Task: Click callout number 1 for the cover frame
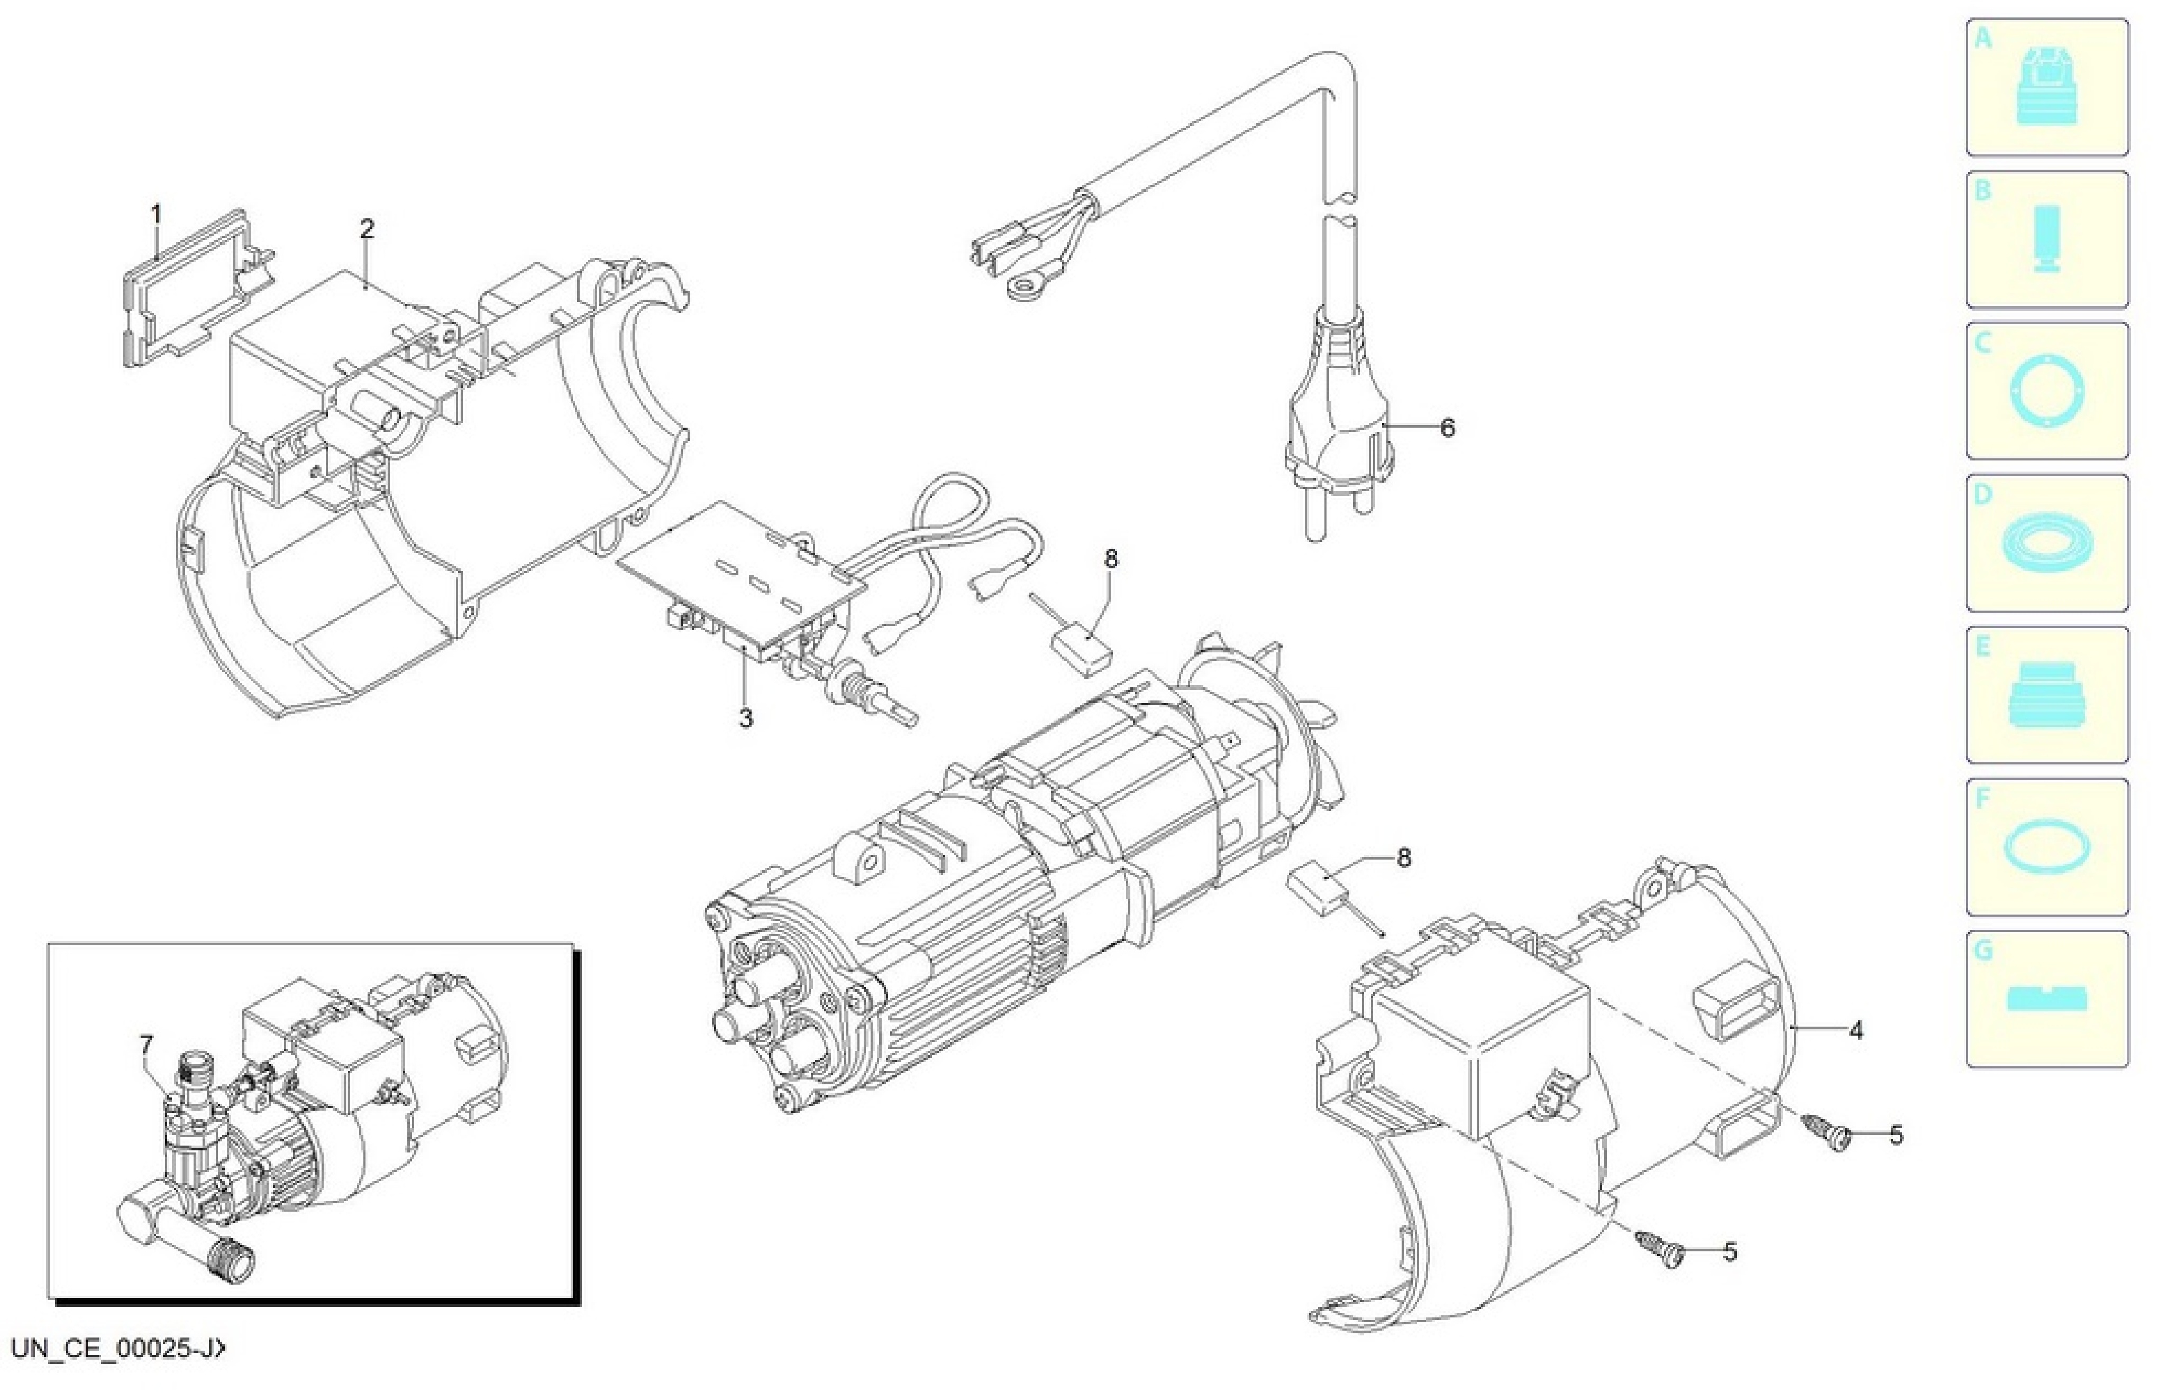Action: [x=156, y=215]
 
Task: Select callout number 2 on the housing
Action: [x=367, y=229]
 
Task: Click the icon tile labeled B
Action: [x=2047, y=239]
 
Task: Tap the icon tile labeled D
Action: [x=2047, y=543]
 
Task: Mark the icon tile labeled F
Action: [x=2047, y=847]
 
